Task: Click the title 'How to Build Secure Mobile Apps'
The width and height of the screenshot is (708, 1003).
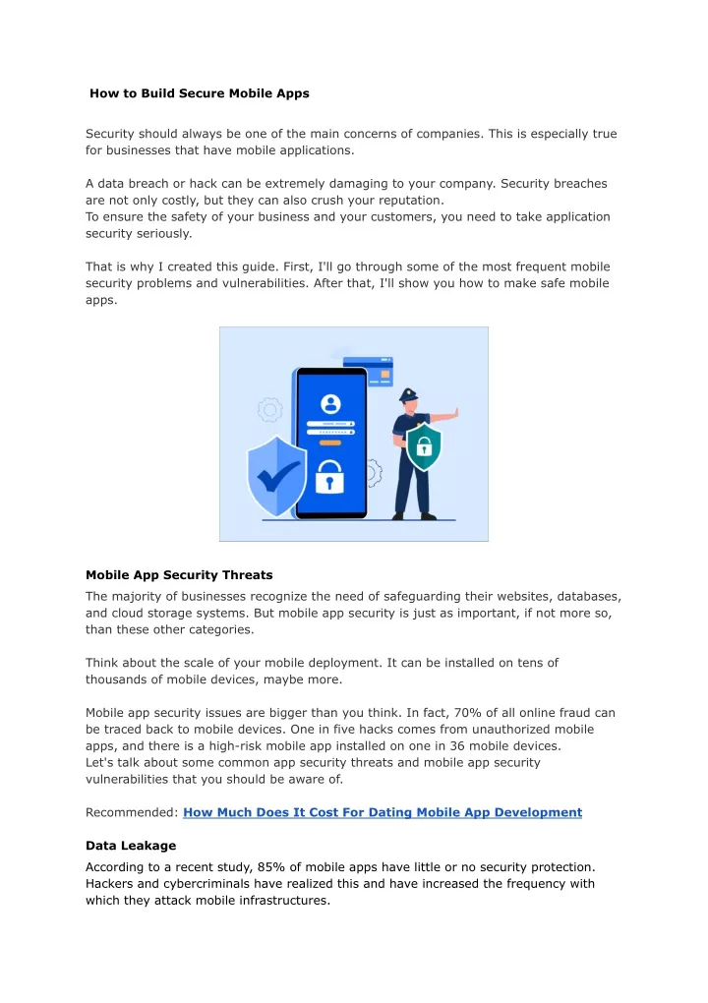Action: tap(200, 94)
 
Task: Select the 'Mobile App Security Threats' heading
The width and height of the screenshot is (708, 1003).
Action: tap(179, 574)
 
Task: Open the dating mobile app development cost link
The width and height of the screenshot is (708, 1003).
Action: tap(383, 812)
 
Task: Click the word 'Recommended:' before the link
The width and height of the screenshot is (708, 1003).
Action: tap(132, 812)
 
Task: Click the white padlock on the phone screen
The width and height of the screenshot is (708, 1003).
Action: tap(330, 478)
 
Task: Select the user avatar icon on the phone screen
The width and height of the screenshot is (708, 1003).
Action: tap(330, 403)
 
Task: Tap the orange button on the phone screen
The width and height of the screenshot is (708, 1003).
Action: tap(330, 442)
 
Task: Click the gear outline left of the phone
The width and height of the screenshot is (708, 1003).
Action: tap(269, 408)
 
